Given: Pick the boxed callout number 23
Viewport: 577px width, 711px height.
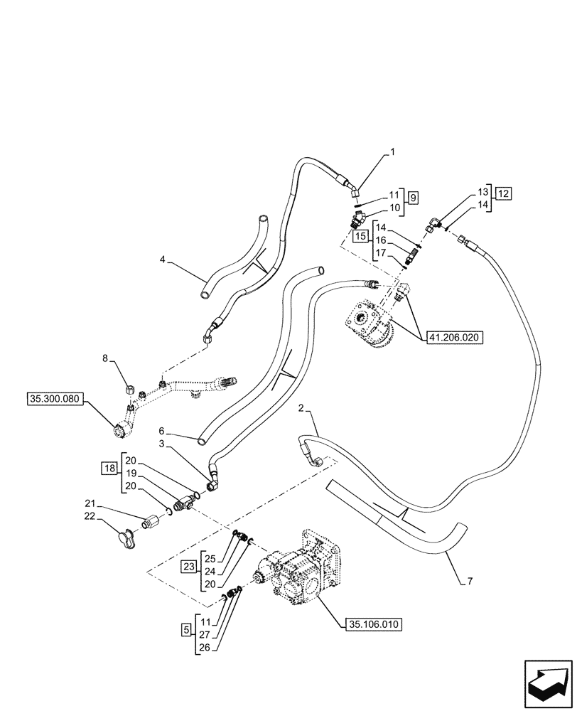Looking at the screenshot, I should pos(188,567).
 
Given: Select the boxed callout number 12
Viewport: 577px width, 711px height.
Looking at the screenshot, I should pos(503,193).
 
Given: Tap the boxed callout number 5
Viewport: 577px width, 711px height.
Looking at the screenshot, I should pos(186,630).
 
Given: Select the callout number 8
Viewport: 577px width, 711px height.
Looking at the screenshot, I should pos(105,360).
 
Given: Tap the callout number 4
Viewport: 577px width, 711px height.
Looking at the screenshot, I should pos(163,260).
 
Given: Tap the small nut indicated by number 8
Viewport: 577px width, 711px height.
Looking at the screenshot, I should pos(129,388).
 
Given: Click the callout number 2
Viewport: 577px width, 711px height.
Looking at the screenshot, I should pos(301,408).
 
